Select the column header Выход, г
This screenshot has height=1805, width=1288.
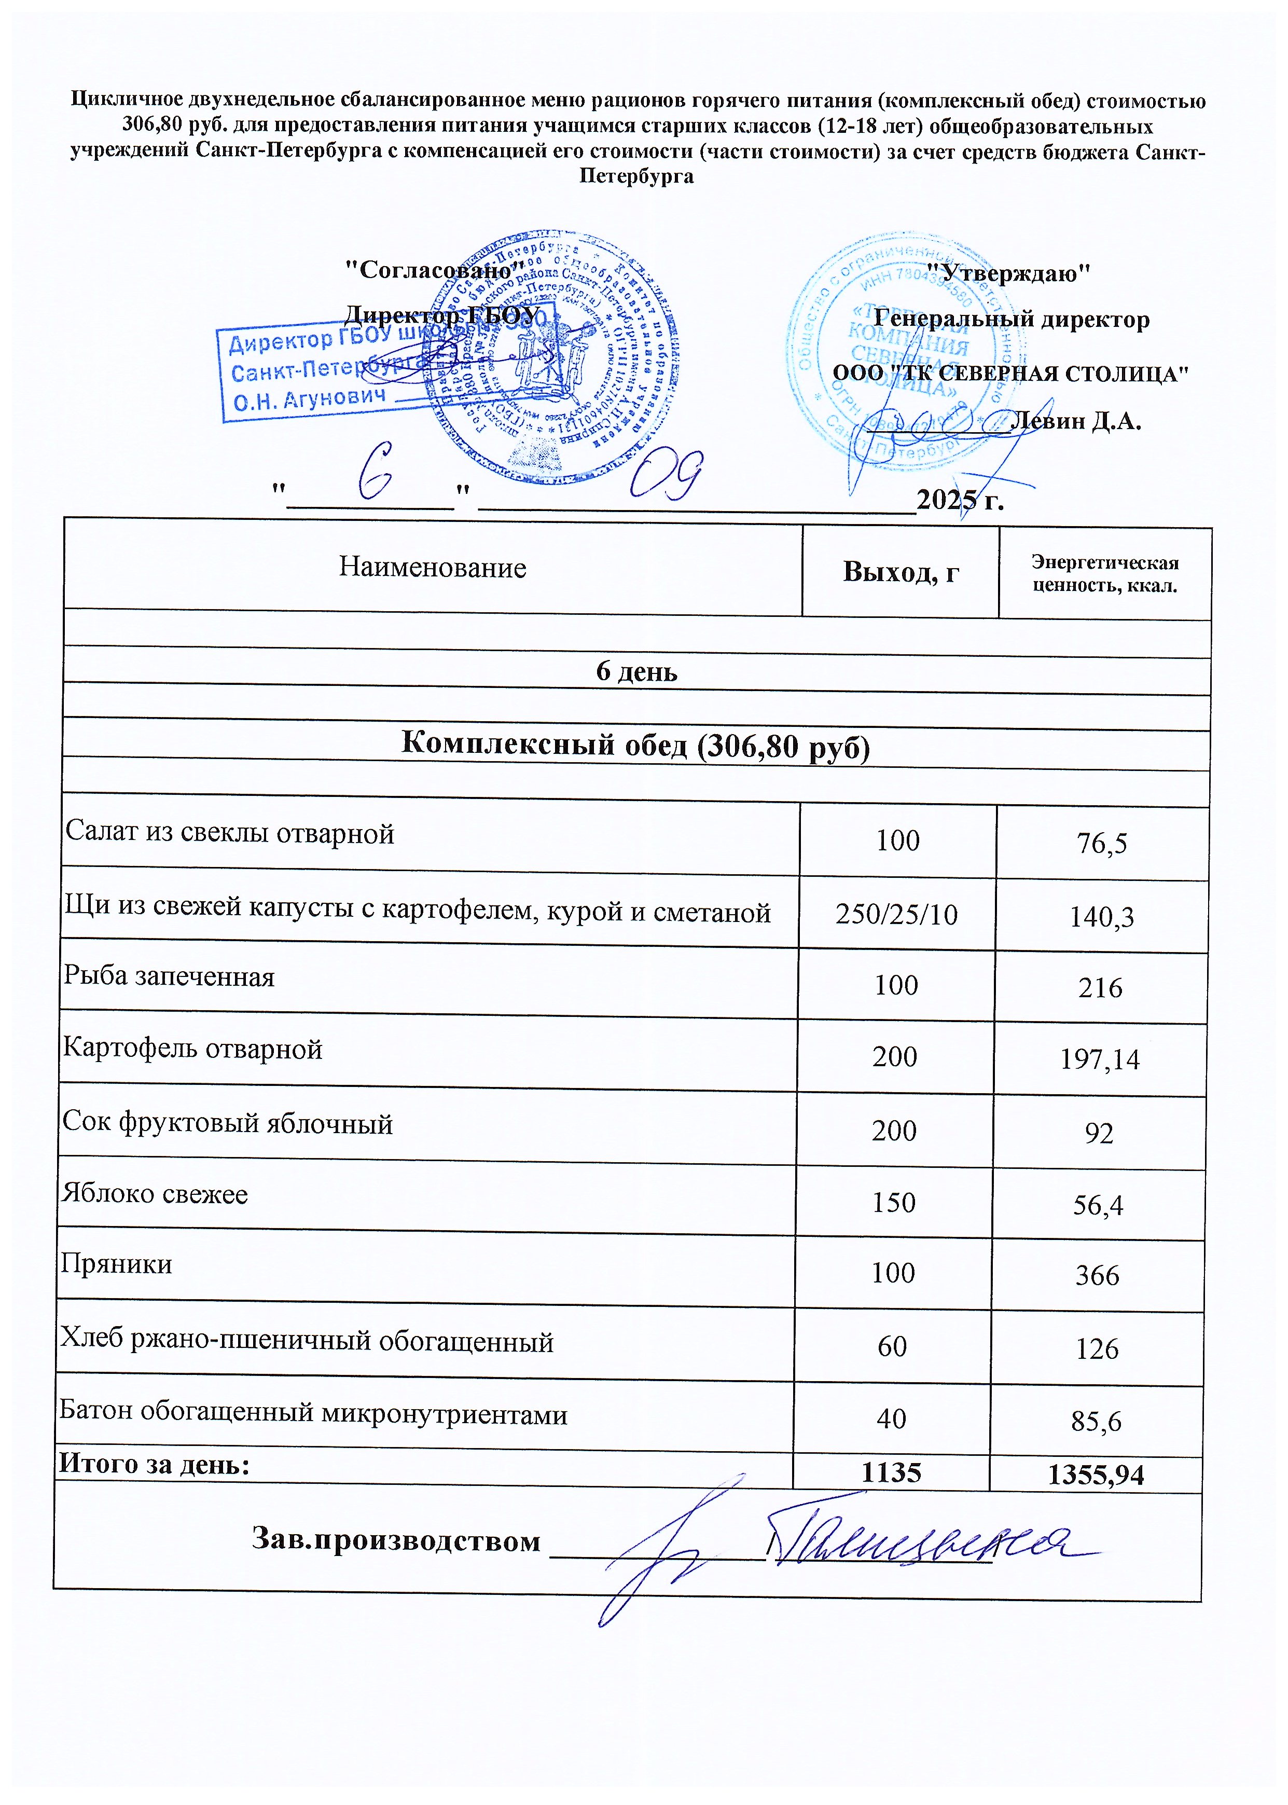901,571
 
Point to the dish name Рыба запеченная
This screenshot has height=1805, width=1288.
169,976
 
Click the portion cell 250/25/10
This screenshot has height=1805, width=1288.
896,914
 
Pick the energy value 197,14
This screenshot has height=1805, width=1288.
1100,1059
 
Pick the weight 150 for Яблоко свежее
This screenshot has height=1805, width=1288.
894,1202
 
